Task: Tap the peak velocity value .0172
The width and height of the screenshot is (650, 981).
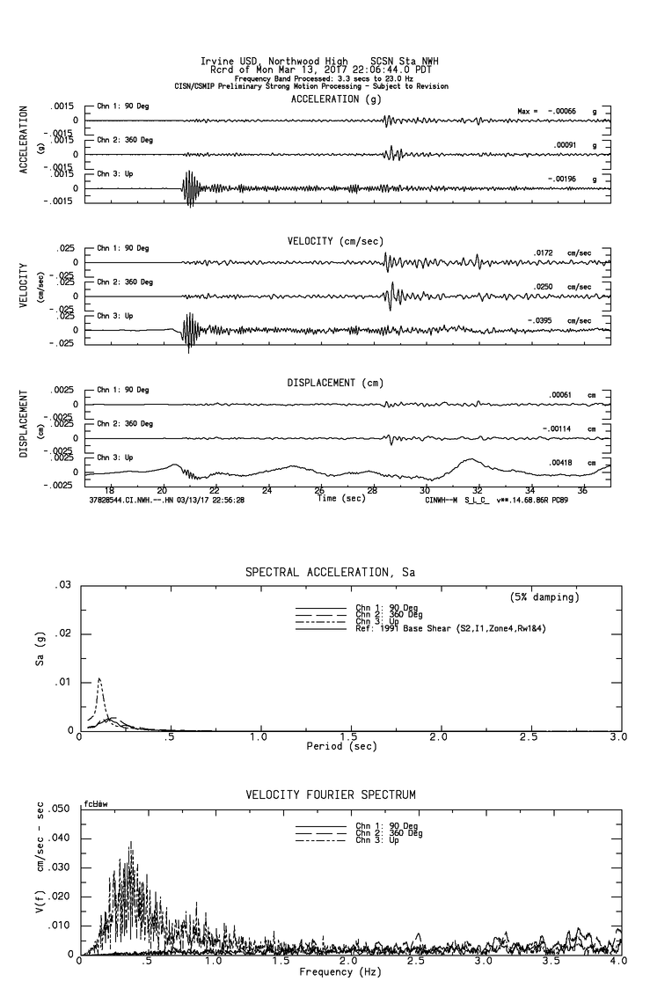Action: (x=544, y=253)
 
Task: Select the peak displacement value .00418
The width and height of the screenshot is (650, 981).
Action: (x=561, y=463)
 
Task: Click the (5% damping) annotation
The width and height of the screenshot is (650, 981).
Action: (x=544, y=597)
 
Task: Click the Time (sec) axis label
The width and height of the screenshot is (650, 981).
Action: (x=341, y=498)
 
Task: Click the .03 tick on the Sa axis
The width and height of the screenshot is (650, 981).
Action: (x=64, y=586)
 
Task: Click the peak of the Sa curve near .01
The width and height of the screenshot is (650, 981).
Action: (x=99, y=678)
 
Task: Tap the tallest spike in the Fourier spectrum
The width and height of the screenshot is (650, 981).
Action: (x=131, y=842)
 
